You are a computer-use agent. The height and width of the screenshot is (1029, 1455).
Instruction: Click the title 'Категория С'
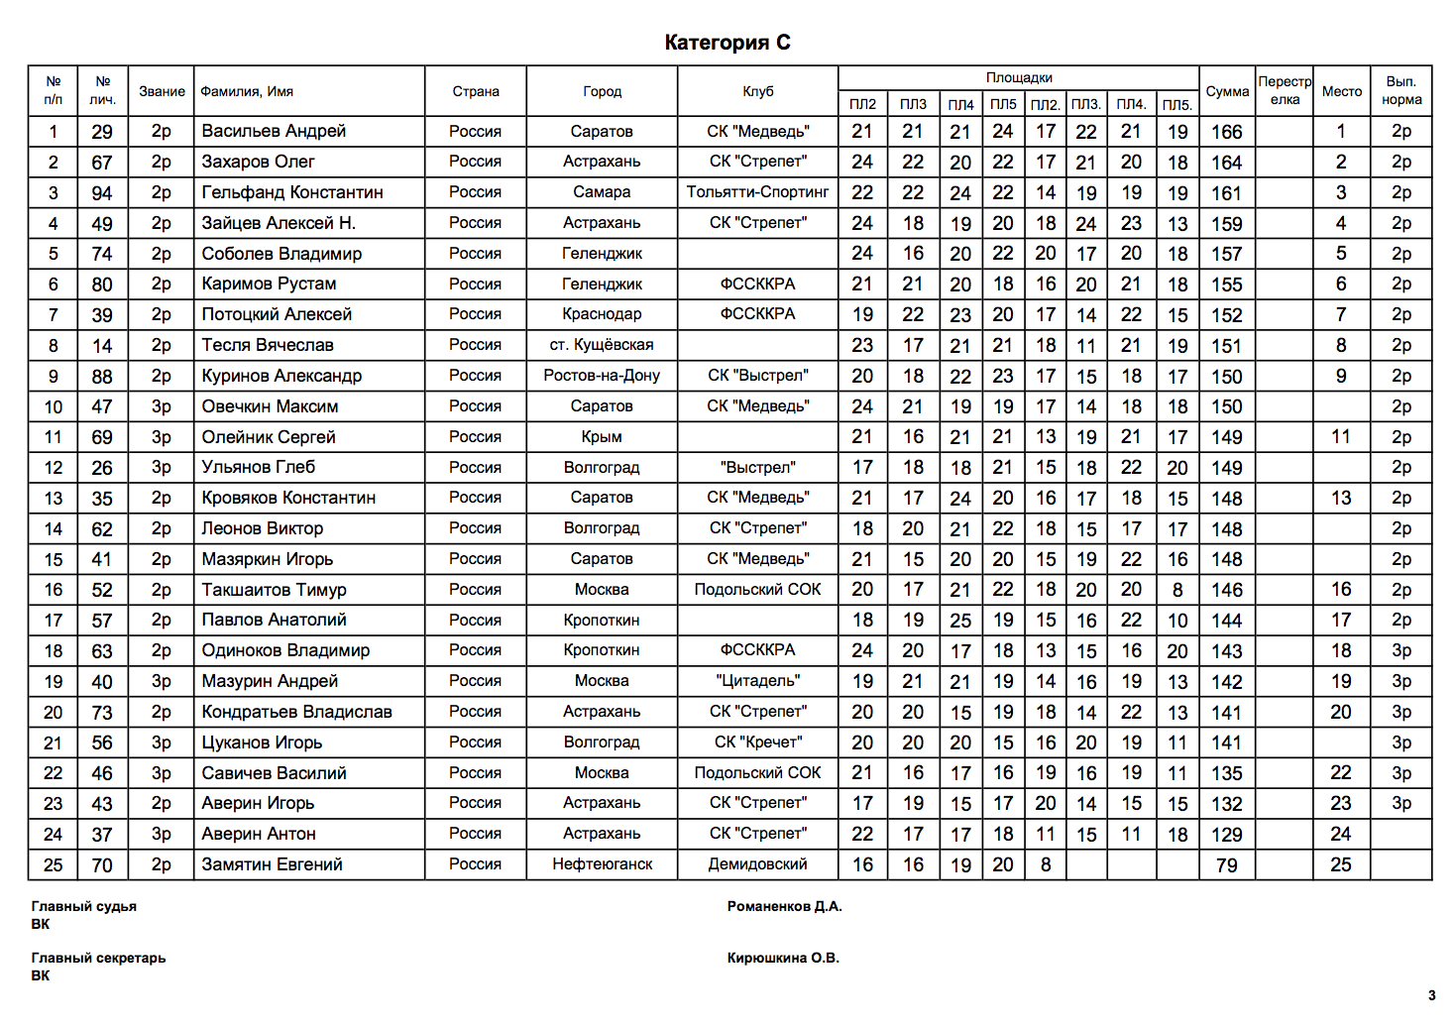click(727, 43)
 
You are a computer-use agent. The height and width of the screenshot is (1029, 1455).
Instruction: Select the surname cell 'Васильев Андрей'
click(274, 131)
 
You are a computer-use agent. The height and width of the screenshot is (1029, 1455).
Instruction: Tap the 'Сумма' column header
click(1227, 91)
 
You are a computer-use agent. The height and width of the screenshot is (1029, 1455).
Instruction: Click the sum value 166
click(1226, 132)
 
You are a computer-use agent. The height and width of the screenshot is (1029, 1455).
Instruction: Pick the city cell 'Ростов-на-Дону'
click(602, 376)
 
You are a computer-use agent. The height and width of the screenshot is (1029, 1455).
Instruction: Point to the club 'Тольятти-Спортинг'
click(757, 192)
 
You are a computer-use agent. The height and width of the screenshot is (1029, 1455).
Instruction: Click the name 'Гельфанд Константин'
click(292, 192)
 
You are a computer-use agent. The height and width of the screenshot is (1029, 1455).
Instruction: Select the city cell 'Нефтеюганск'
click(602, 864)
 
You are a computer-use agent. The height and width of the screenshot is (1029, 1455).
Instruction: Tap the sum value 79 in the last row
click(1226, 865)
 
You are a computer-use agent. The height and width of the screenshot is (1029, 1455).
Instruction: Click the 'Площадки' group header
click(1019, 78)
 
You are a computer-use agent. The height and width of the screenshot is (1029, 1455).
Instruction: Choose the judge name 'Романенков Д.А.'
click(784, 906)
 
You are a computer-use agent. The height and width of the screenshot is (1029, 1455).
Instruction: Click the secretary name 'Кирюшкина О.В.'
click(783, 958)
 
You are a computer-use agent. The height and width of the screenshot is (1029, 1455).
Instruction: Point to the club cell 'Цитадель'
click(757, 681)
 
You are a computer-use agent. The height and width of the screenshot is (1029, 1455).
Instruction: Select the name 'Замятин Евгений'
click(272, 864)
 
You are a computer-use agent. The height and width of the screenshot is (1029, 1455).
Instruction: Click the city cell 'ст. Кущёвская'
click(602, 345)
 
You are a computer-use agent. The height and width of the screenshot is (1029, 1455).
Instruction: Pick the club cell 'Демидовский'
click(757, 864)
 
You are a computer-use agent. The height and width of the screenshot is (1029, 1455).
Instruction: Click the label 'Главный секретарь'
click(98, 958)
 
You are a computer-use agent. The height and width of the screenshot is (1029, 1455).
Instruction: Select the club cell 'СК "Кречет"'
click(757, 743)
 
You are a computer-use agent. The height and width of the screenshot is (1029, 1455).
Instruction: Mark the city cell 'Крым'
click(602, 437)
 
